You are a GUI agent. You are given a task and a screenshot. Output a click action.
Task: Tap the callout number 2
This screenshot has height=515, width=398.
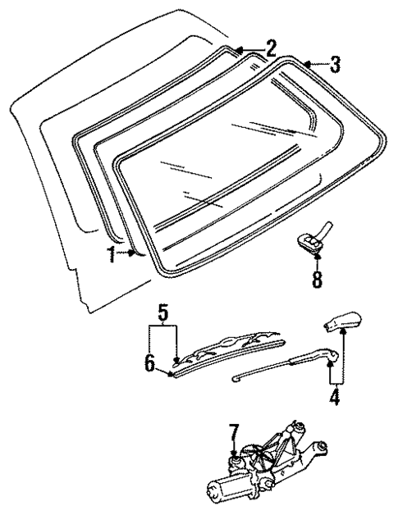coord(270,46)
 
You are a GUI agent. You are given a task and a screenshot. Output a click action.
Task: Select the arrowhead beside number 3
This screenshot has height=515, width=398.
coord(306,62)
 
